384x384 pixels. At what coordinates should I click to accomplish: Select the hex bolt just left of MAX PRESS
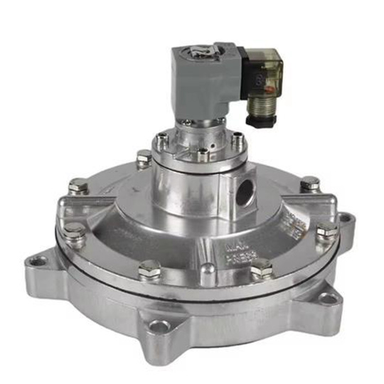click(150, 269)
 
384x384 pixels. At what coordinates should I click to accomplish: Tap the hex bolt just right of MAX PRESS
click(262, 268)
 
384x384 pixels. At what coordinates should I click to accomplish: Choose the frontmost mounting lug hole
click(159, 326)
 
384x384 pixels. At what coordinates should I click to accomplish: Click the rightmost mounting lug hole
click(344, 217)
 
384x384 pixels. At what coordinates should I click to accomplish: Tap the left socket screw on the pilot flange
click(163, 139)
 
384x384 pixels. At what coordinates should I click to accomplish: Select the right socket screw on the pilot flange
click(238, 139)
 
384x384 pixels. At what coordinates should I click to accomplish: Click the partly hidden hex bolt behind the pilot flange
click(143, 157)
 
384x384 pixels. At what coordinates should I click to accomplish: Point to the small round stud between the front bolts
click(207, 270)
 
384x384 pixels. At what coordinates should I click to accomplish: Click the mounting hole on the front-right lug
click(326, 297)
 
